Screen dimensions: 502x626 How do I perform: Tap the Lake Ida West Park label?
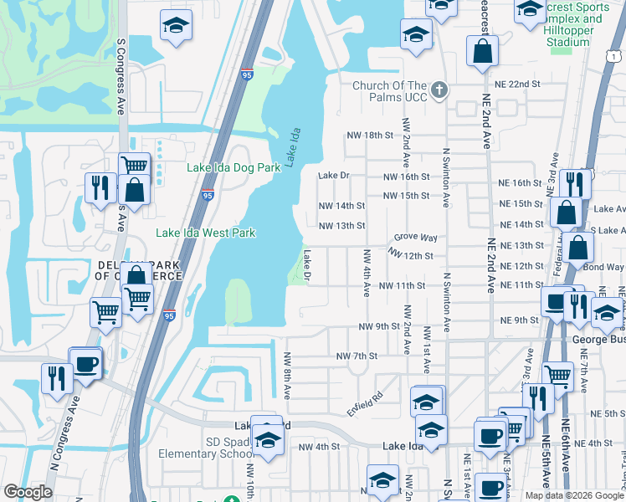coord(206,233)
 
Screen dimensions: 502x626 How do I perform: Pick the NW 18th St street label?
coord(370,136)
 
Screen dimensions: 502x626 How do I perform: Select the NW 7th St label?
coord(357,356)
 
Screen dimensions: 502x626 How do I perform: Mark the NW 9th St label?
coord(380,326)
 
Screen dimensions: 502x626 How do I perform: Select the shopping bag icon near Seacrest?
coord(483,52)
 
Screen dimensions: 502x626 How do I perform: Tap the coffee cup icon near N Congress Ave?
coord(85,365)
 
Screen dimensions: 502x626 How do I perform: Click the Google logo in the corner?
coord(28,492)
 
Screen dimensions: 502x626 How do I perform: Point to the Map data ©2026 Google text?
coord(573,495)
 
